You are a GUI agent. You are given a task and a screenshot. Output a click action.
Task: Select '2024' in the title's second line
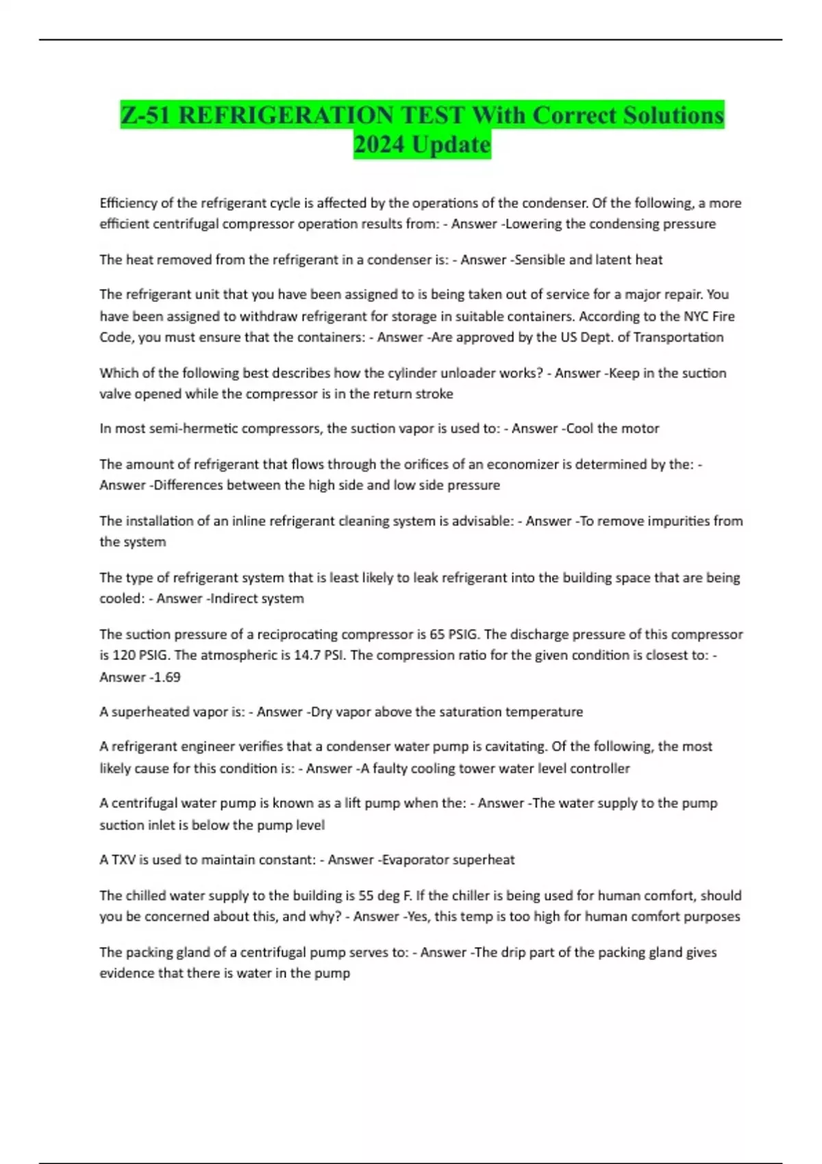tap(379, 144)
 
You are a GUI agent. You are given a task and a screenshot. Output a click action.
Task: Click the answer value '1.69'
tap(168, 677)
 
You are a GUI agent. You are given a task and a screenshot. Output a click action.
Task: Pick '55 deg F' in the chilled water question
tap(385, 896)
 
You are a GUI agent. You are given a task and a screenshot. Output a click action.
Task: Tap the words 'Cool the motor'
tap(613, 429)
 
